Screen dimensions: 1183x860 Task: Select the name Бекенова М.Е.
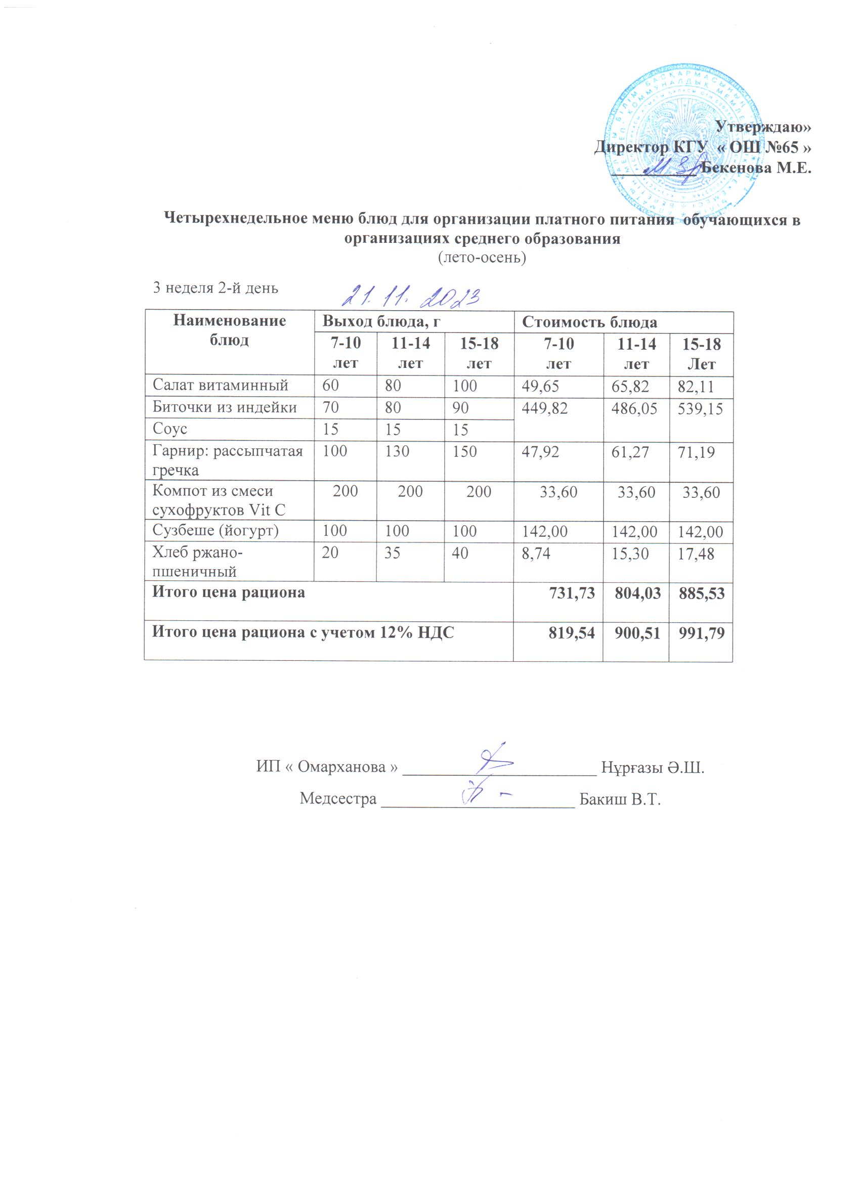756,168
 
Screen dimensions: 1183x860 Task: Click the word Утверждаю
762,126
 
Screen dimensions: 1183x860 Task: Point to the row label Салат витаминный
220,386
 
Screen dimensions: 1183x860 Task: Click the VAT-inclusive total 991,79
702,633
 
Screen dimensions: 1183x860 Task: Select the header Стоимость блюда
589,322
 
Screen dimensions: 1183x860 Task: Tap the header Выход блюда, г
381,321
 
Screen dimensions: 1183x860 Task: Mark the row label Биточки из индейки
224,407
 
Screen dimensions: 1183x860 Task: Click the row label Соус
169,429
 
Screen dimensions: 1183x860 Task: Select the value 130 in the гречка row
397,451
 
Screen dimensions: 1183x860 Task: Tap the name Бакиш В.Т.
620,799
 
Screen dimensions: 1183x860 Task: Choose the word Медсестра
338,799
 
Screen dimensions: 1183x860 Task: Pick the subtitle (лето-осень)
482,258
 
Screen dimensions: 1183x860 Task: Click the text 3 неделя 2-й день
216,288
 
